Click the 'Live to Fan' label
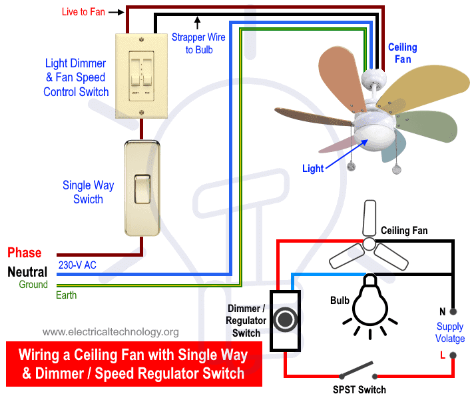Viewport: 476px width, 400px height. tap(83, 12)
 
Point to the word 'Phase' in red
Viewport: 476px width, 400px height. tap(25, 253)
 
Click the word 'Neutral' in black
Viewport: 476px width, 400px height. tap(27, 272)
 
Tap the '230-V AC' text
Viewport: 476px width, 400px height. tap(77, 265)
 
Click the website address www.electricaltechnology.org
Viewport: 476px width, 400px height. tap(111, 331)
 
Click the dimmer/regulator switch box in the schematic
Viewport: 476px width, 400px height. tap(285, 321)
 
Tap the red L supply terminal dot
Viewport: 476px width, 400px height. tap(453, 357)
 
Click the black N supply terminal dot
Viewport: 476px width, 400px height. tap(453, 311)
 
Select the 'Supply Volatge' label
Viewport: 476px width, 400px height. tap(450, 333)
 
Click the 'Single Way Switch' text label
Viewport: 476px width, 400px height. tap(88, 192)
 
